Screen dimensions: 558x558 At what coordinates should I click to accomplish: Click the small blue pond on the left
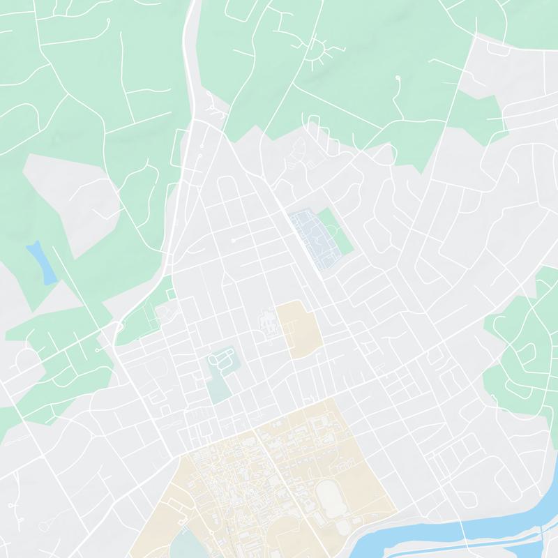pos(41,262)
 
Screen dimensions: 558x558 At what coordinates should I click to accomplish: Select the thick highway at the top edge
pos(191,42)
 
